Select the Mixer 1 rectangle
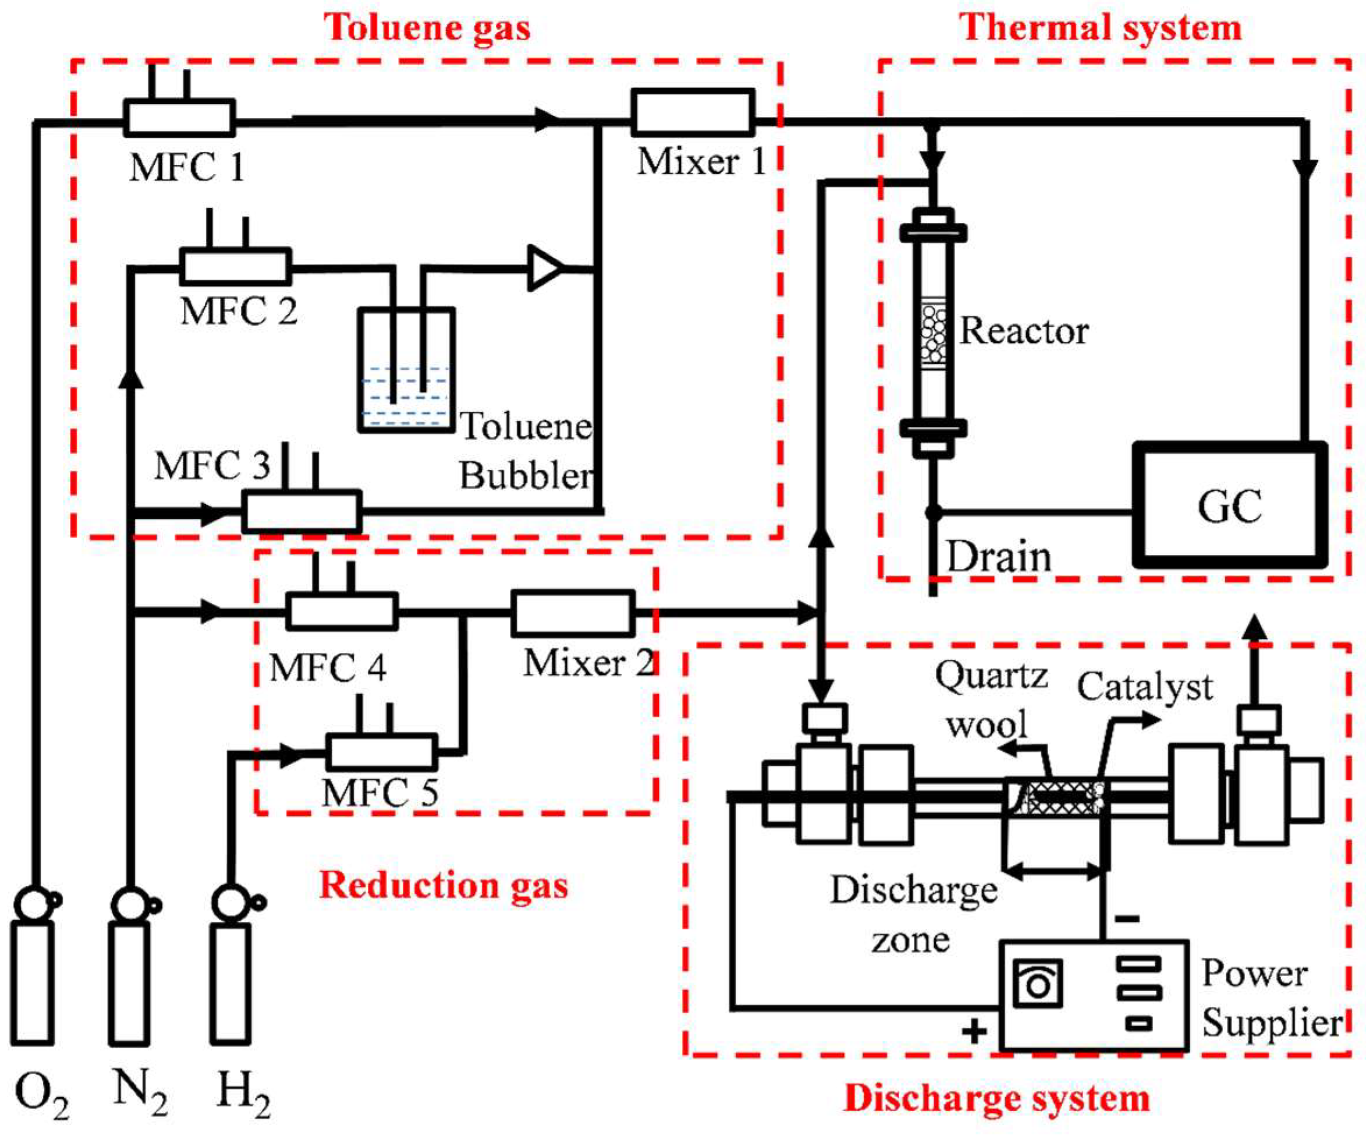pyautogui.click(x=693, y=112)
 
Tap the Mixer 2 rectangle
pyautogui.click(x=573, y=613)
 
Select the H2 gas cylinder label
pyautogui.click(x=243, y=1093)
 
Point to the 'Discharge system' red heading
pyautogui.click(x=996, y=1098)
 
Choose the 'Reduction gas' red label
pyautogui.click(x=443, y=885)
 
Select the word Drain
pyautogui.click(x=999, y=557)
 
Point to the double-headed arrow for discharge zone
pyautogui.click(x=1054, y=870)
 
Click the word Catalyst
pyautogui.click(x=1145, y=687)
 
